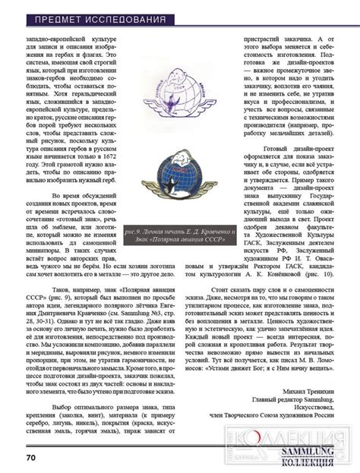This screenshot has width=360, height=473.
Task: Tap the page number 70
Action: [x=32, y=457]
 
